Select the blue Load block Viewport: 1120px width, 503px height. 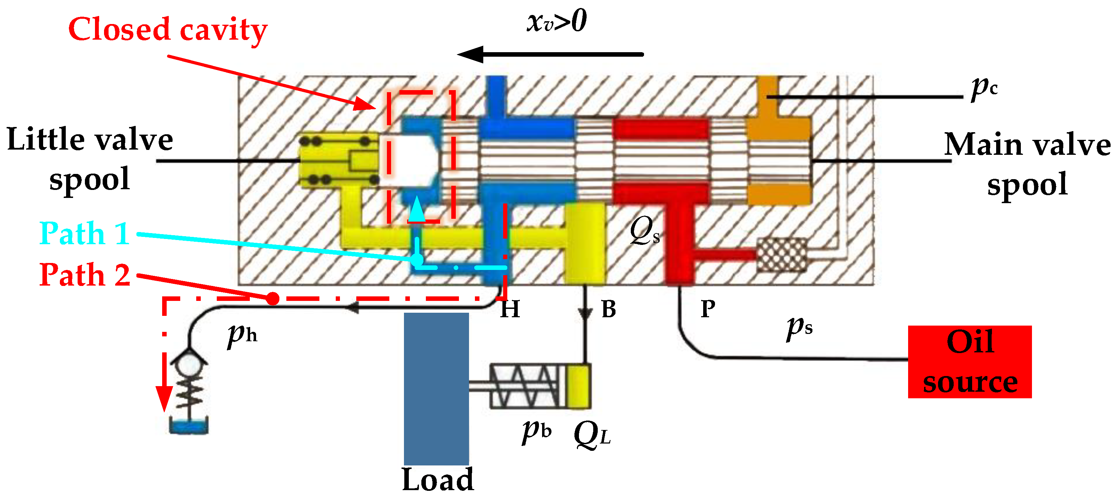click(436, 388)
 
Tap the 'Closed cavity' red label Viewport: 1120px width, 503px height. click(167, 30)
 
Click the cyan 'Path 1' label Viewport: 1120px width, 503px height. click(85, 233)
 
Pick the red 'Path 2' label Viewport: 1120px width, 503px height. click(85, 275)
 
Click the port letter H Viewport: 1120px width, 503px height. click(510, 309)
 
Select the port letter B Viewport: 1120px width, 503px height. click(608, 309)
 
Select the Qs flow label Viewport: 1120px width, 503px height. click(645, 230)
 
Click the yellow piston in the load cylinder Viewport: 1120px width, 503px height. click(578, 386)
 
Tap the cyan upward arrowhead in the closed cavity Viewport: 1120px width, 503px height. click(416, 209)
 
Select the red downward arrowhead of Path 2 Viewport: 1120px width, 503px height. click(164, 398)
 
